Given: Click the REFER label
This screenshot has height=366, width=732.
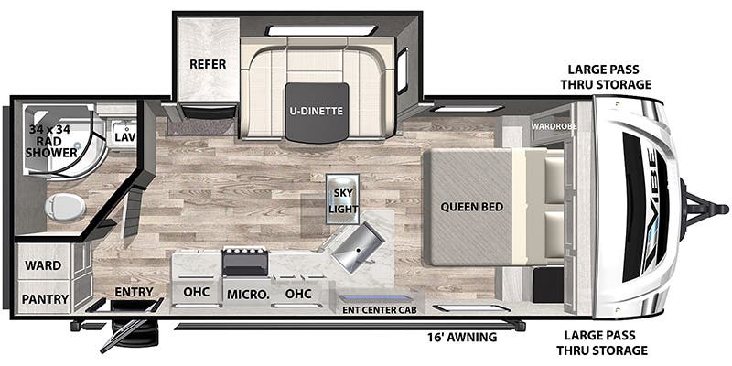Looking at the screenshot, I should [208, 64].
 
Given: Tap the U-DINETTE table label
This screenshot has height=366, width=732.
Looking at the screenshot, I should [317, 111].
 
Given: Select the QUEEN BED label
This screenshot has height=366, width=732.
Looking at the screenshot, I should [471, 207].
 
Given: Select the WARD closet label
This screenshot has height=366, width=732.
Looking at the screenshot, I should [43, 265].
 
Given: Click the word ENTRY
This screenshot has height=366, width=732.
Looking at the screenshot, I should [135, 293].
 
